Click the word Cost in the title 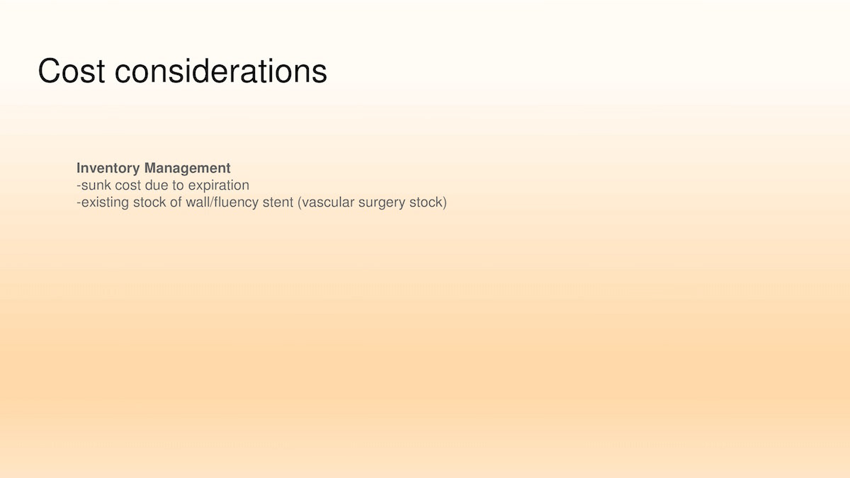pyautogui.click(x=72, y=71)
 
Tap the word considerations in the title pyautogui.click(x=221, y=71)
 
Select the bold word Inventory pyautogui.click(x=108, y=169)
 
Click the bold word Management pyautogui.click(x=188, y=169)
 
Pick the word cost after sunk pyautogui.click(x=128, y=185)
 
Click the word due pyautogui.click(x=157, y=185)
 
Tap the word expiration pyautogui.click(x=219, y=186)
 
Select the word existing pyautogui.click(x=106, y=203)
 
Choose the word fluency pyautogui.click(x=236, y=203)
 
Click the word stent pyautogui.click(x=278, y=203)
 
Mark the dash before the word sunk pyautogui.click(x=79, y=186)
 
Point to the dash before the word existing pyautogui.click(x=79, y=203)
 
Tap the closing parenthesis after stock pyautogui.click(x=444, y=203)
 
